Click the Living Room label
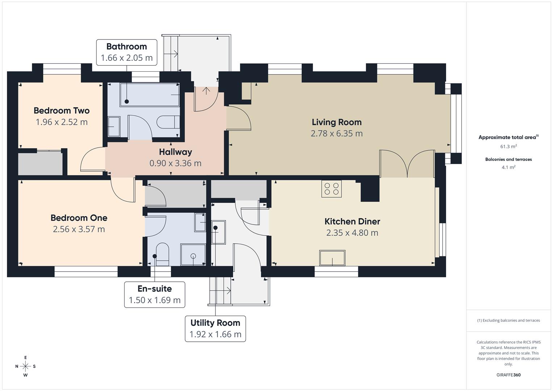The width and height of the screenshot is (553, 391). coord(336,122)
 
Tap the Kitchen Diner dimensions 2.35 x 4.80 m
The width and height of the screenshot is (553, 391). coord(352,233)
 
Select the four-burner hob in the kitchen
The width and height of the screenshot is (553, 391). coord(331,189)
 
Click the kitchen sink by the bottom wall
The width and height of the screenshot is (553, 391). coord(332,258)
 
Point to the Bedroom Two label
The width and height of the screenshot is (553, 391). coord(62,111)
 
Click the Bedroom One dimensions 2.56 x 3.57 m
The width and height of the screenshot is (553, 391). coord(79,229)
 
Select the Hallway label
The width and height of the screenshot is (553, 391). coord(175,152)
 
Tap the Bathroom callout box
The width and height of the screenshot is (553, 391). coord(126,52)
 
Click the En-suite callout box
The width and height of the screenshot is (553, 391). coord(155,295)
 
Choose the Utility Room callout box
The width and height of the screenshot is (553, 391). coord(215,329)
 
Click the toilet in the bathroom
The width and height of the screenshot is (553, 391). coord(168,122)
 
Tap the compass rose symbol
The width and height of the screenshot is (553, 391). coord(25,366)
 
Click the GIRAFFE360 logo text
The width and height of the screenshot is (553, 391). coord(508,375)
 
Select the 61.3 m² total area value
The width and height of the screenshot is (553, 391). coord(508,147)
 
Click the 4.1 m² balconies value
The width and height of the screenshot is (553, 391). coord(508,167)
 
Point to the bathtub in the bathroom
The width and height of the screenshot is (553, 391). coord(150,95)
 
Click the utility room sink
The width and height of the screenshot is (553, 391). coord(218,232)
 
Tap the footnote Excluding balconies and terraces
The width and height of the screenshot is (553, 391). coord(508,320)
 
